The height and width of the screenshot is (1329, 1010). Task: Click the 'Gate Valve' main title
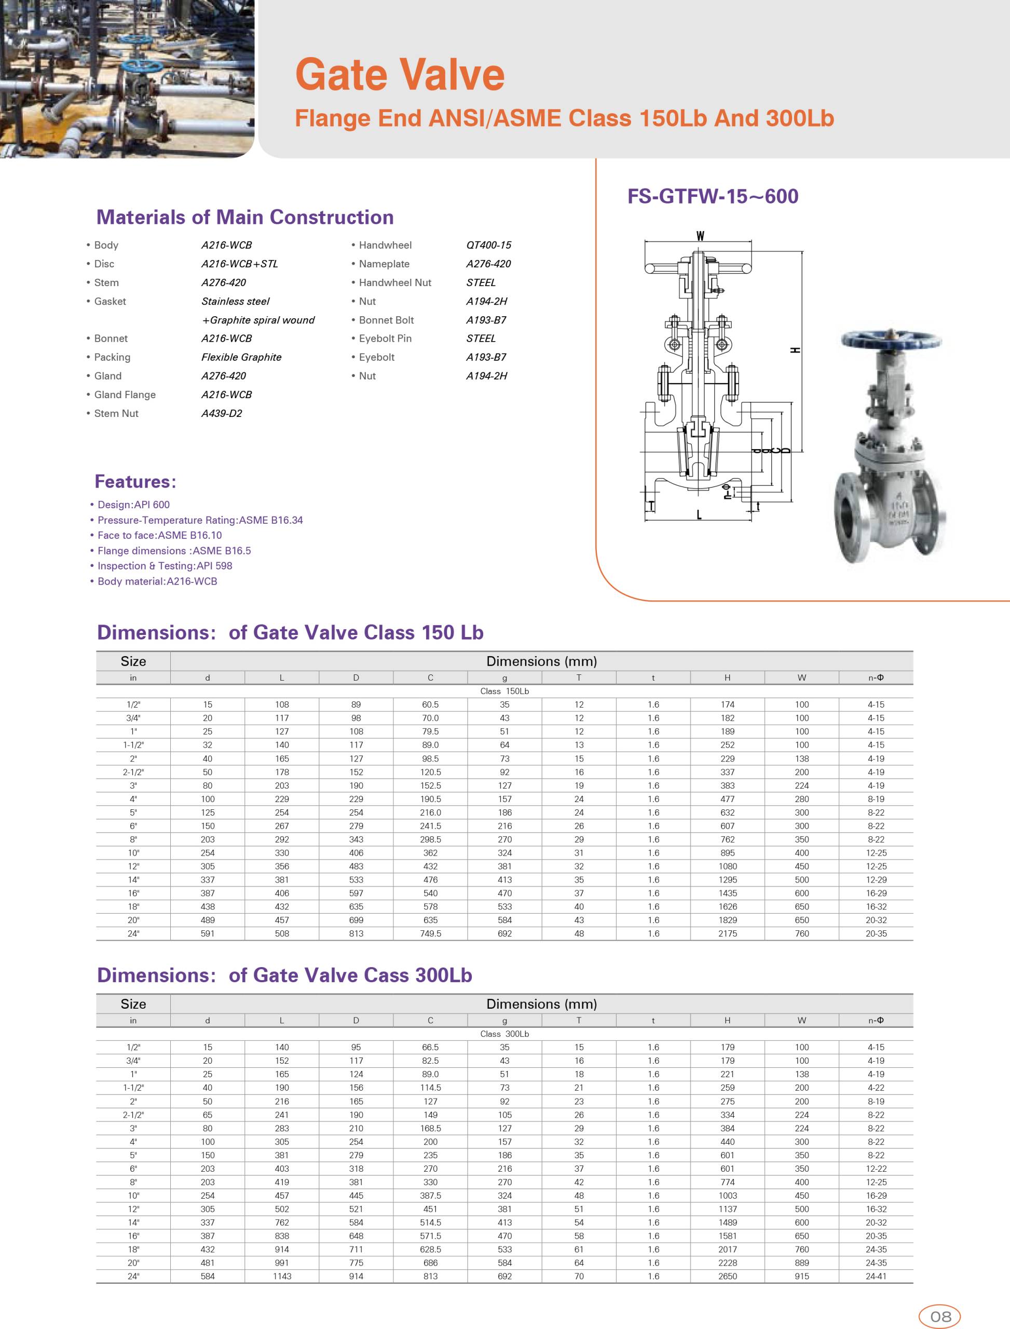(x=400, y=75)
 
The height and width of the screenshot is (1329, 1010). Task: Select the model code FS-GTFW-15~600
(x=713, y=197)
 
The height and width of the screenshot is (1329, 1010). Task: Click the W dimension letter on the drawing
(x=700, y=236)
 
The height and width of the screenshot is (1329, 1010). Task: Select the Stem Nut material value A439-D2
(x=222, y=413)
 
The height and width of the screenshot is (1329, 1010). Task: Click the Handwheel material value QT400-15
(x=488, y=245)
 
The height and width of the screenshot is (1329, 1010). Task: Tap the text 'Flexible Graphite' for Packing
(x=241, y=357)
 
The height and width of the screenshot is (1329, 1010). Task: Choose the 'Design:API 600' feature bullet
(x=133, y=505)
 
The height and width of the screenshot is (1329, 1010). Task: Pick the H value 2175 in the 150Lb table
(x=728, y=933)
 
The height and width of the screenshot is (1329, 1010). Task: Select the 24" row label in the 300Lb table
(x=133, y=1276)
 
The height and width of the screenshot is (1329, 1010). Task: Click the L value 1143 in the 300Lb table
(x=282, y=1276)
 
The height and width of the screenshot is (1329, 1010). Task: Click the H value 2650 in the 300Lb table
(x=728, y=1276)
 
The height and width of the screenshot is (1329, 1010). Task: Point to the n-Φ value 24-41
(x=876, y=1276)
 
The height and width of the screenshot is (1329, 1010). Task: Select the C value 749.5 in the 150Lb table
(x=430, y=933)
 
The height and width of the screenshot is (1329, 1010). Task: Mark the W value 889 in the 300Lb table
(x=802, y=1263)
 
